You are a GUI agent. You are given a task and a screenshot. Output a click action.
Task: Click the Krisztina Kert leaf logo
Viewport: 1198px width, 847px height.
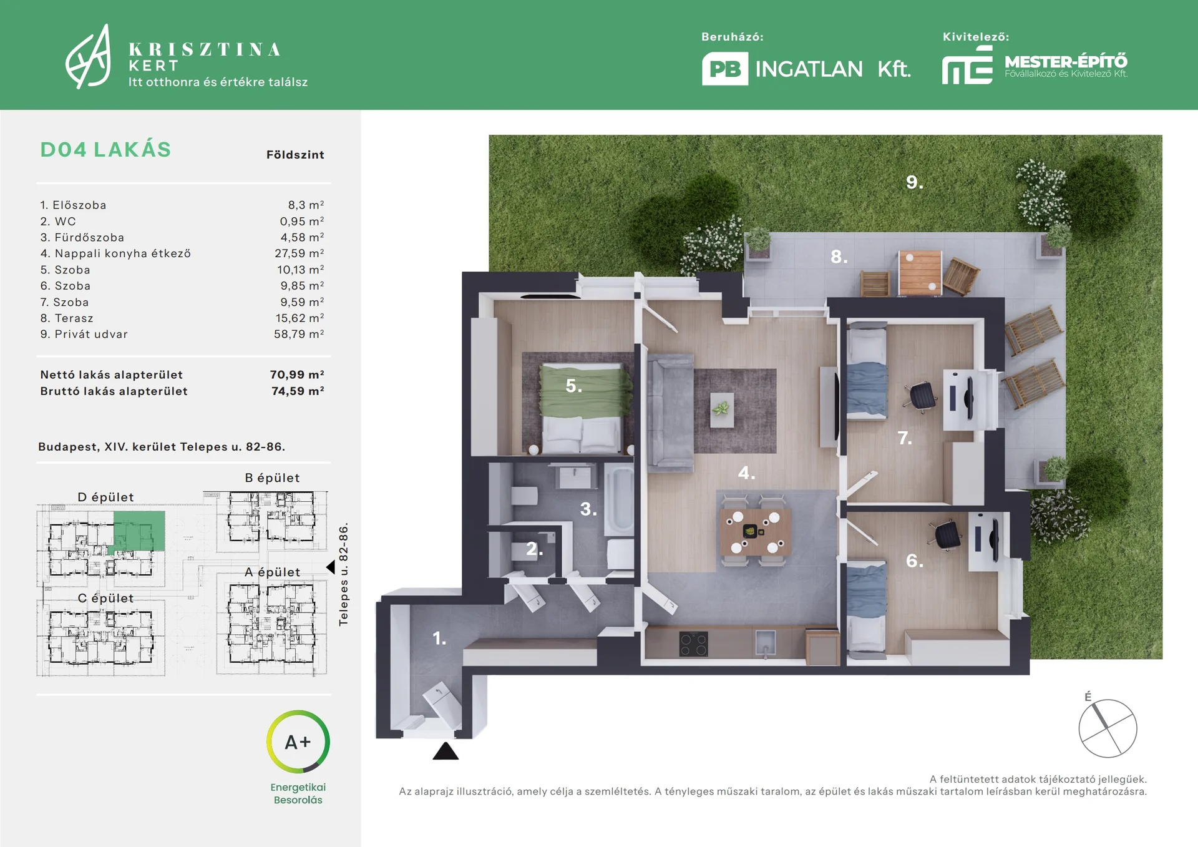tap(89, 57)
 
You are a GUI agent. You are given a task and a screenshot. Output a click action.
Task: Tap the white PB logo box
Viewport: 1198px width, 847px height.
tap(725, 69)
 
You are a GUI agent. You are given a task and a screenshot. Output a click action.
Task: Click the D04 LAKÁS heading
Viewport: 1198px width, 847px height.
tap(105, 150)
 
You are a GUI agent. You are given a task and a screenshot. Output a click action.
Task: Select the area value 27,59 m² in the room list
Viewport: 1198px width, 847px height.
tap(299, 253)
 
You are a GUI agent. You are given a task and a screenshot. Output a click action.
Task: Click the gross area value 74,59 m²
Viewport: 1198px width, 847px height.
tap(298, 391)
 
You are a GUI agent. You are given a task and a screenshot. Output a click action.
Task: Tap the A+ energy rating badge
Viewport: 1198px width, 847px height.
tap(298, 742)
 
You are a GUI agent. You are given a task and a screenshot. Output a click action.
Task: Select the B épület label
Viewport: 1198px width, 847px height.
tap(272, 478)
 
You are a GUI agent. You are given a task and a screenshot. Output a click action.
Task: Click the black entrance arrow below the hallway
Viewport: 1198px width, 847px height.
tap(446, 751)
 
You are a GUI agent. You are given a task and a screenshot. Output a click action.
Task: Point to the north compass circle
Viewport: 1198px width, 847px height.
tap(1108, 728)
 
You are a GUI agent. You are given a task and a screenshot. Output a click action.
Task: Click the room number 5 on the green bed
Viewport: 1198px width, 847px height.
tap(573, 386)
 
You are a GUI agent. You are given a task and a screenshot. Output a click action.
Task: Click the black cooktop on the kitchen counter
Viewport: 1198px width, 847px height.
tap(694, 644)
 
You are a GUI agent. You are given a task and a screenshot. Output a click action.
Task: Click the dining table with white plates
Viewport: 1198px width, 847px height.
tap(756, 532)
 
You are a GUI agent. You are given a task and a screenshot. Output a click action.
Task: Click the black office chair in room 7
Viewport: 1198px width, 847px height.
tap(921, 394)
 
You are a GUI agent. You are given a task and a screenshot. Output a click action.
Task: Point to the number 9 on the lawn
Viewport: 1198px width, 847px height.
tap(914, 182)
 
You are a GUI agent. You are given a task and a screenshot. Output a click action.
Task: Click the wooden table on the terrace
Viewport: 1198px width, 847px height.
tap(920, 272)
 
